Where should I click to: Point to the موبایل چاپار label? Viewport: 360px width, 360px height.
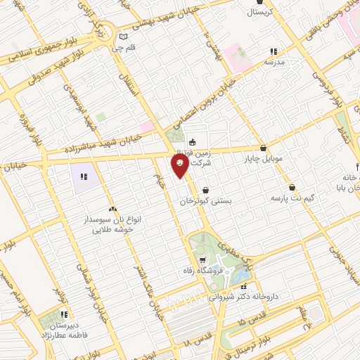click(264, 159)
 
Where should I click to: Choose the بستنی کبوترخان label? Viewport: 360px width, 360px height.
click(205, 201)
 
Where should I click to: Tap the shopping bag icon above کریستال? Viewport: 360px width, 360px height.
click(252, 3)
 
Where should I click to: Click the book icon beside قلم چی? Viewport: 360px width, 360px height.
click(124, 36)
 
